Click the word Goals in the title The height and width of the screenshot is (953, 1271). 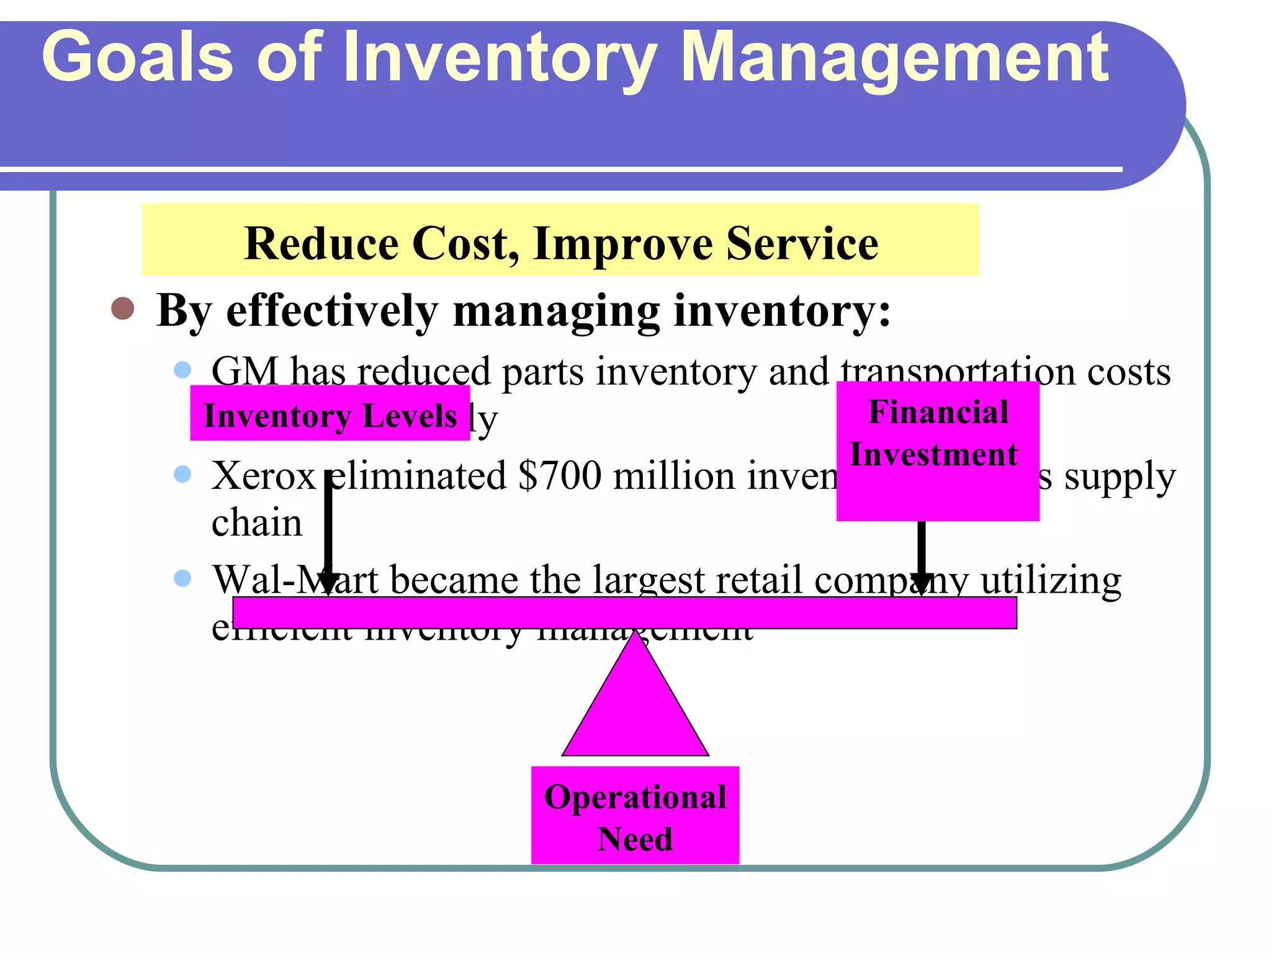[137, 57]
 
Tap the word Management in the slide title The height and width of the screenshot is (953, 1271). [894, 59]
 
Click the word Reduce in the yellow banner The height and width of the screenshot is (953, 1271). [321, 243]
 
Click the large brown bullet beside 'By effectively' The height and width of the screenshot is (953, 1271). [123, 308]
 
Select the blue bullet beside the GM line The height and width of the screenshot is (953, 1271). [182, 370]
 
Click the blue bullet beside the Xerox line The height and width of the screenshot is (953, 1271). [182, 475]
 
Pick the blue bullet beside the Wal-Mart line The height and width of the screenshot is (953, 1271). [182, 579]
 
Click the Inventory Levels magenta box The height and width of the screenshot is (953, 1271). [330, 413]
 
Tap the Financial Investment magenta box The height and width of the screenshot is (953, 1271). [937, 451]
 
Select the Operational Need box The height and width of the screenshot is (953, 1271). [635, 815]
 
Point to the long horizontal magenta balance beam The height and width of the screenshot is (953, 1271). [624, 613]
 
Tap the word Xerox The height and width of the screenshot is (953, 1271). [264, 476]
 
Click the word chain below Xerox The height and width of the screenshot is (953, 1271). [256, 523]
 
